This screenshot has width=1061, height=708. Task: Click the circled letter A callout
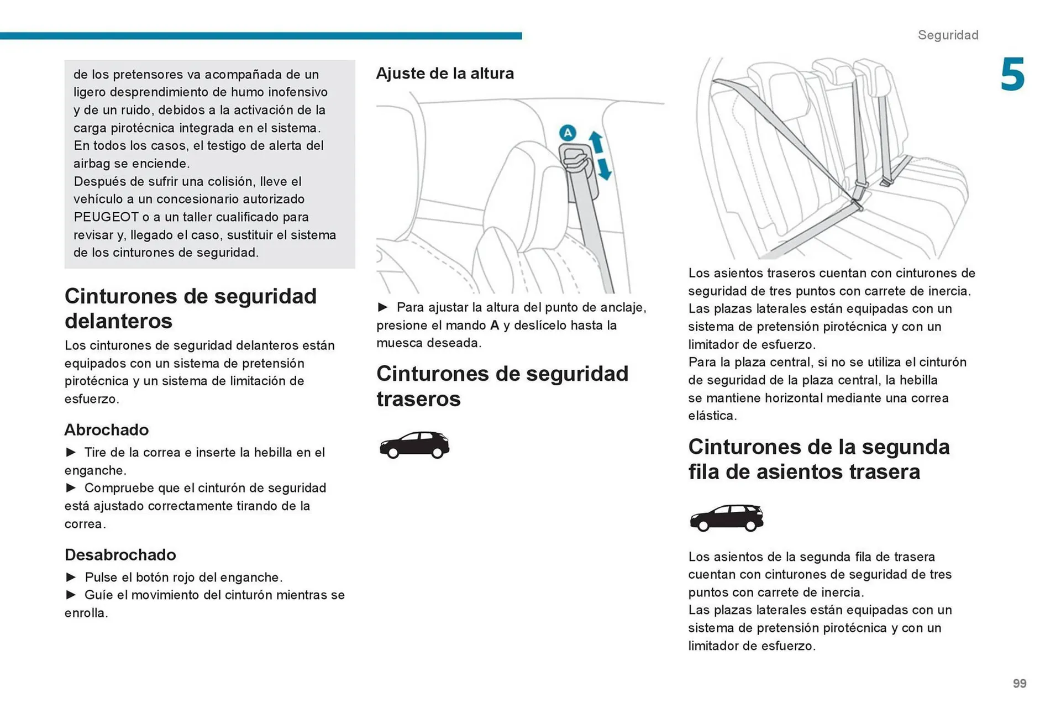pos(568,133)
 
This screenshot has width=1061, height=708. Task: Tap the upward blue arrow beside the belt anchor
pos(596,141)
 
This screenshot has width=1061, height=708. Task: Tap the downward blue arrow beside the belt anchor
pos(605,169)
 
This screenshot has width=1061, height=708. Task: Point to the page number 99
pos(1020,684)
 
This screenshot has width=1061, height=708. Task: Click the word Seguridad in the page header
pos(948,35)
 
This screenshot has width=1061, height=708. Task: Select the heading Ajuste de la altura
pos(445,73)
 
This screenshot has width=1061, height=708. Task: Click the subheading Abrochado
pos(107,429)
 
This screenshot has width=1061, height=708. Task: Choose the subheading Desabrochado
pos(120,554)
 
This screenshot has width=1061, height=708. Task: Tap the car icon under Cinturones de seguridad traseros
pos(414,445)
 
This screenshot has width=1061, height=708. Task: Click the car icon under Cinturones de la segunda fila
pos(726,518)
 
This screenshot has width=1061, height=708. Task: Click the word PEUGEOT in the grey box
pos(106,217)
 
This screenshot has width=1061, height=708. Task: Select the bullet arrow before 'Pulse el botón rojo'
pos(71,577)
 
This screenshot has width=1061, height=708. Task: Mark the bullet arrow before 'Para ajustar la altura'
pos(383,307)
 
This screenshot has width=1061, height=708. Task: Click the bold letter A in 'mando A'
pos(495,325)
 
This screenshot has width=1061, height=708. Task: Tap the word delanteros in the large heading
pos(119,321)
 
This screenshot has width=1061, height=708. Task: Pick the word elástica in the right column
pos(711,416)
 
